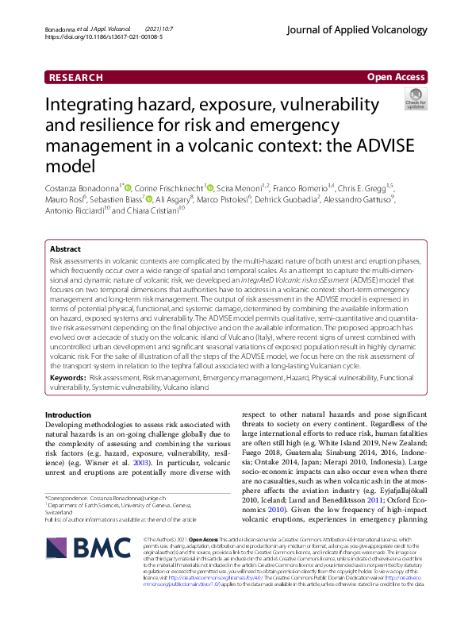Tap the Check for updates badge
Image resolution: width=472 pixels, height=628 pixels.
pos(415,100)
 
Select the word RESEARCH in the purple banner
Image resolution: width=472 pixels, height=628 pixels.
pos(76,78)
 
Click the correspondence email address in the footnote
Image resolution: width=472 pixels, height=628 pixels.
pos(155,497)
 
